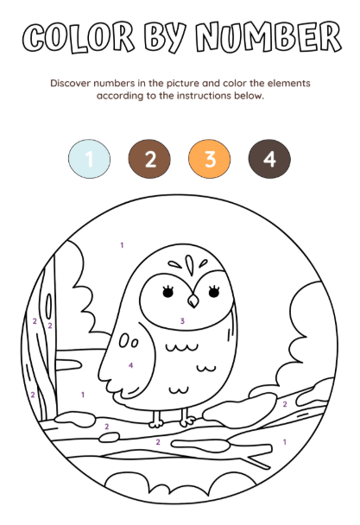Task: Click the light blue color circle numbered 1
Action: point(89,159)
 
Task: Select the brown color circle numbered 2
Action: point(149,159)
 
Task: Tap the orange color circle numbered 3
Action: point(209,159)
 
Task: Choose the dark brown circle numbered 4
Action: point(269,159)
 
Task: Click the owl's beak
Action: point(193,300)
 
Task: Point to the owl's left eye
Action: point(167,291)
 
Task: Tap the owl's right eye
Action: point(214,291)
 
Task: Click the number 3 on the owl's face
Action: point(182,320)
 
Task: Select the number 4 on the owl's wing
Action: point(130,365)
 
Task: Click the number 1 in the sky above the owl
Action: point(122,245)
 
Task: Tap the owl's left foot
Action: point(156,419)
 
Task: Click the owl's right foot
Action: point(186,418)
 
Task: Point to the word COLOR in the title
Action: point(79,37)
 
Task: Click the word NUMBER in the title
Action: point(268,36)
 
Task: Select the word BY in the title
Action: point(165,37)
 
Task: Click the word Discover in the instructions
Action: point(70,83)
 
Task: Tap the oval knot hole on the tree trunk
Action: point(49,307)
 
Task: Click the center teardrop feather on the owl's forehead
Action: point(190,265)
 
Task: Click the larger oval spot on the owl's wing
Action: point(123,340)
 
